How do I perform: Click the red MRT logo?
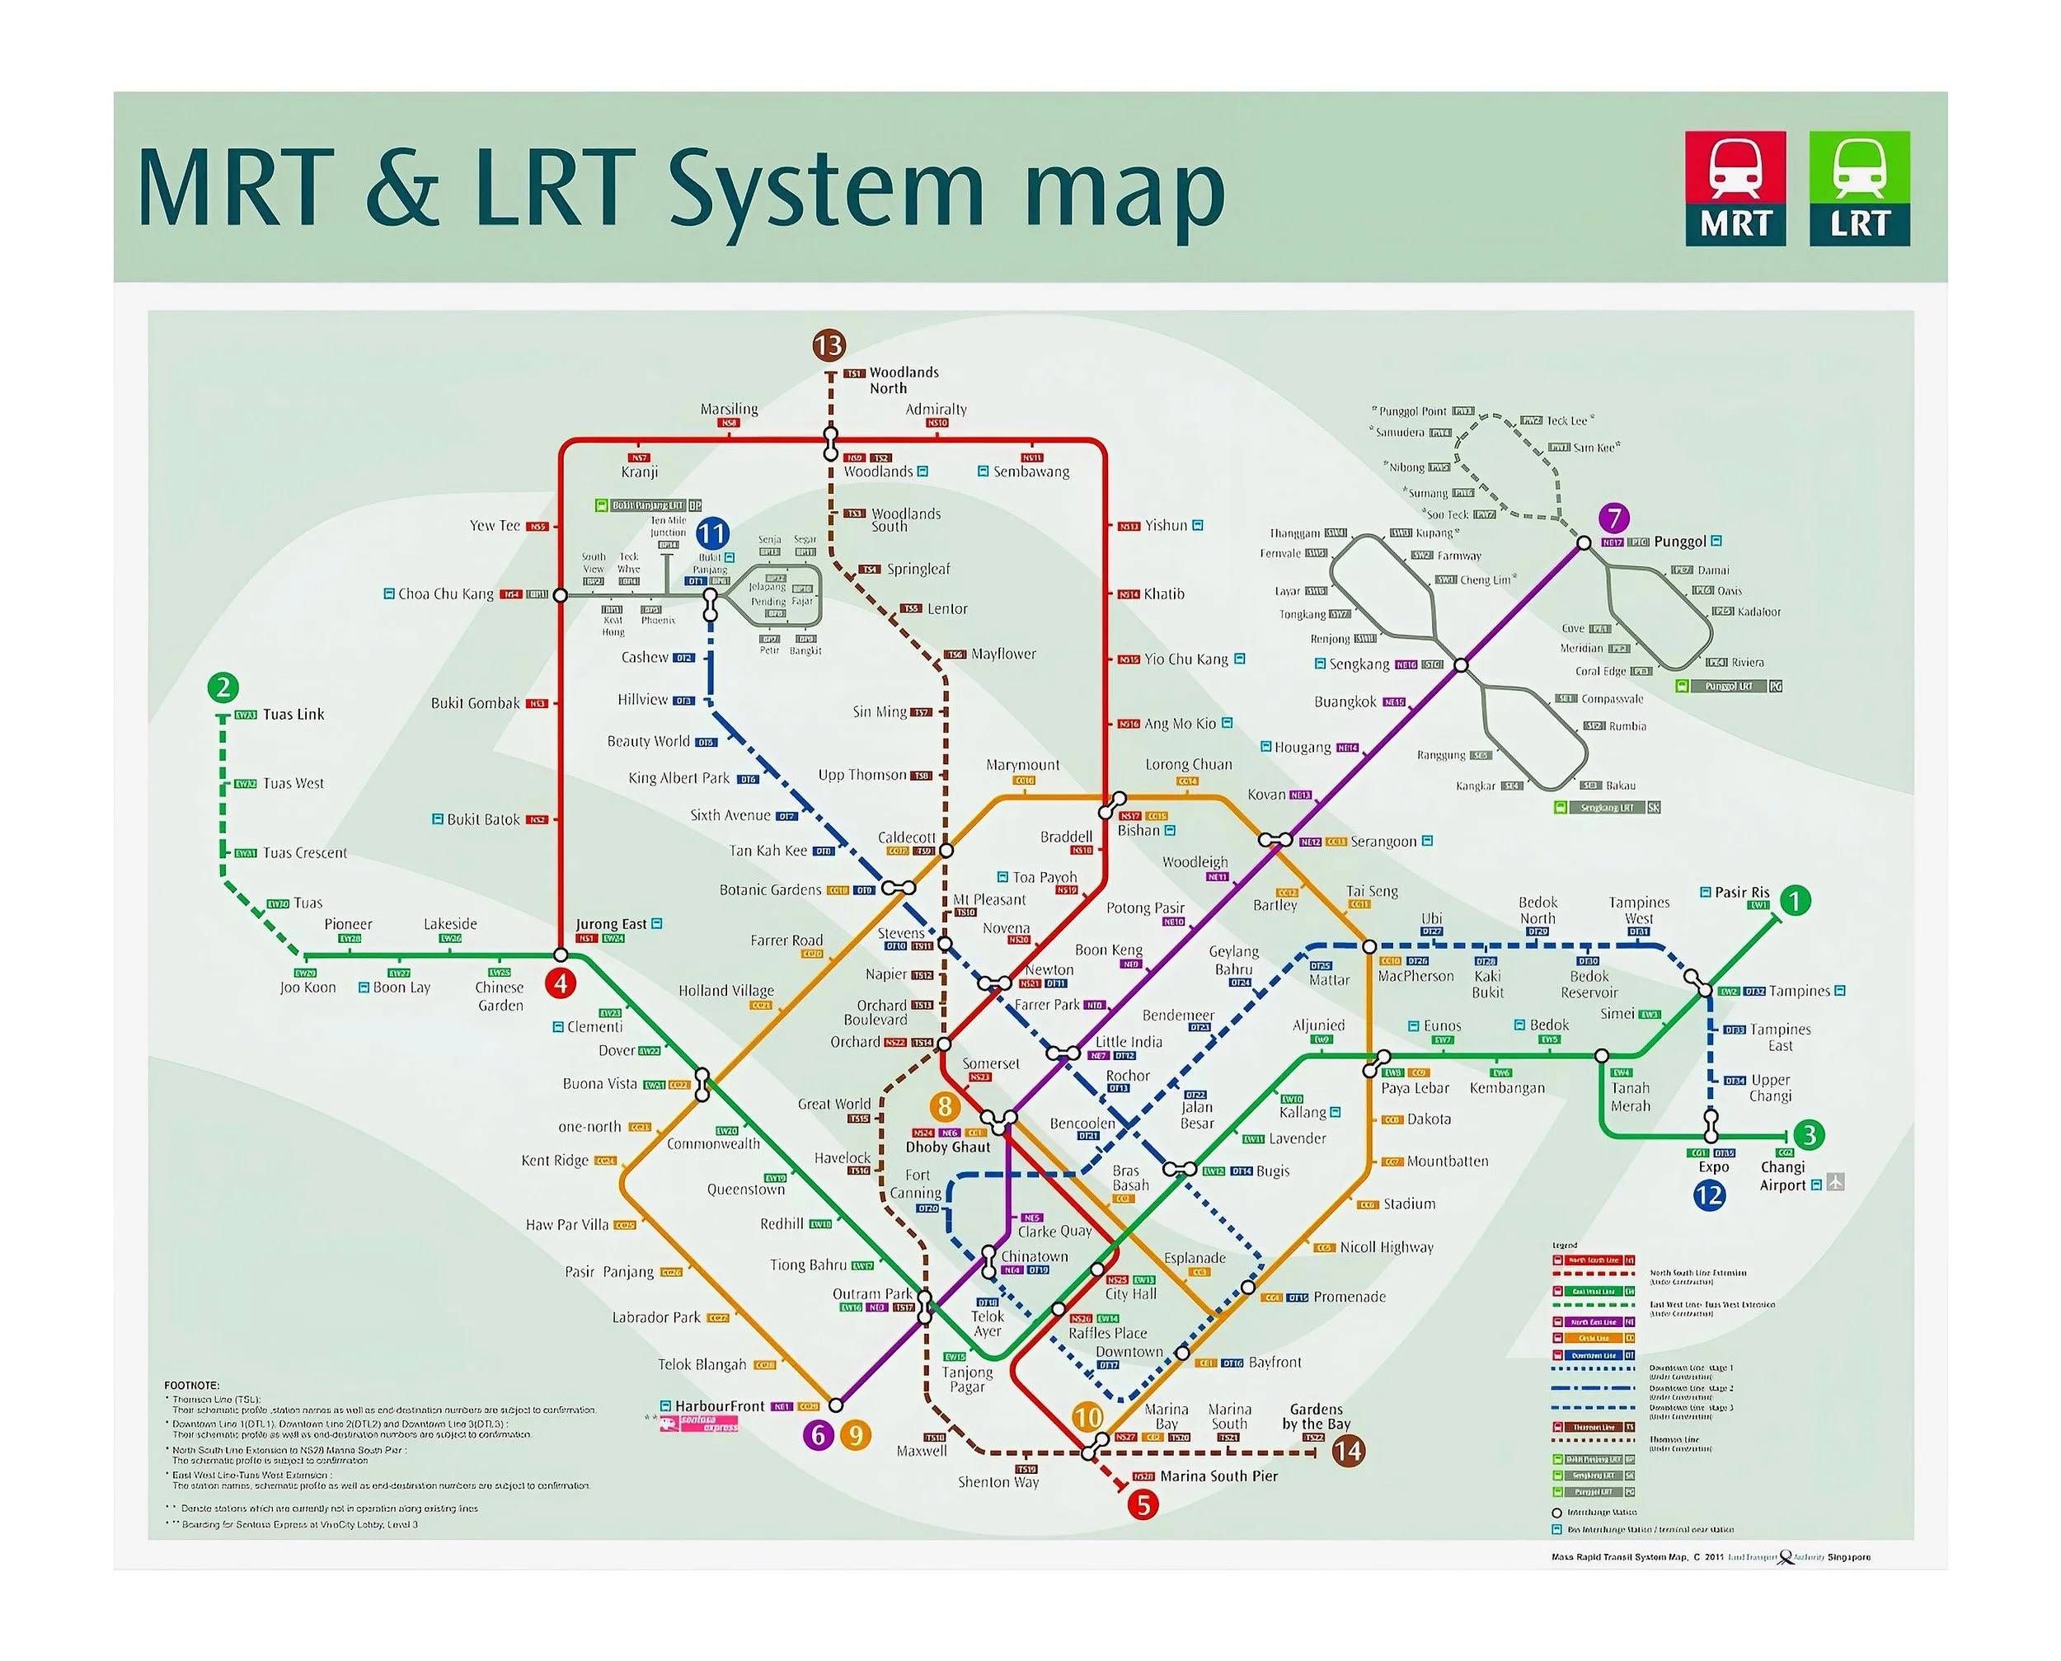coord(1735,189)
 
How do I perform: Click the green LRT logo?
coord(1859,189)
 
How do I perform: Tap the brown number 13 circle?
coord(829,345)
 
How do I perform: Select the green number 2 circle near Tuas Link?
coord(223,687)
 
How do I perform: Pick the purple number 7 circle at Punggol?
coord(1613,518)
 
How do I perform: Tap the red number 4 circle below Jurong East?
coord(561,983)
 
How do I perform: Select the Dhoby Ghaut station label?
coord(947,1147)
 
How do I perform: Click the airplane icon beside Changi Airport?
coord(1834,1183)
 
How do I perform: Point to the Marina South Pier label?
coord(1218,1476)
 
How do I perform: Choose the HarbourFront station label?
coord(720,1405)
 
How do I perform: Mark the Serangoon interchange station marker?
coord(1270,840)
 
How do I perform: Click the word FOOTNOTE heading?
coord(191,1386)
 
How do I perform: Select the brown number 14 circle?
coord(1347,1452)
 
